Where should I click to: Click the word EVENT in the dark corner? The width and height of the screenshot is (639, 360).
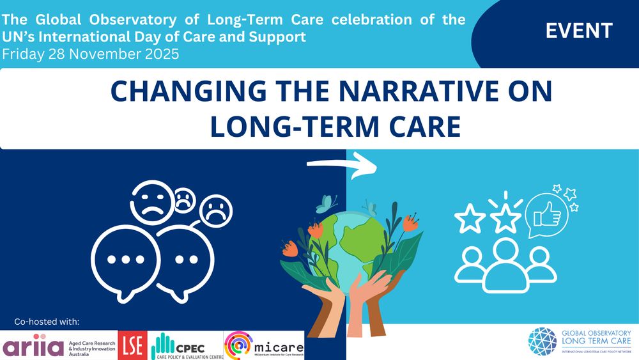point(579,30)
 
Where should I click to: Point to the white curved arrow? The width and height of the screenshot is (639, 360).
point(343,166)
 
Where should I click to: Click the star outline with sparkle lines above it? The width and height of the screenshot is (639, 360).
point(505,217)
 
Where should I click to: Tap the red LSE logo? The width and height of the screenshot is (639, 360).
point(133,345)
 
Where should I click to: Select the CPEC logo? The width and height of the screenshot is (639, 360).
point(185,345)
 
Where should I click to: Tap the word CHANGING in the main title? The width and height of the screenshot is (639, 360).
point(180,92)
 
